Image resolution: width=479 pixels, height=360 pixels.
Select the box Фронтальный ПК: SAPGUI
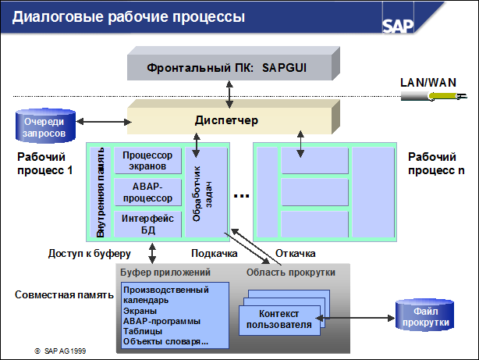tap(227, 68)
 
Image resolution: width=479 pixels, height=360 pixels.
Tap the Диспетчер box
tap(225, 121)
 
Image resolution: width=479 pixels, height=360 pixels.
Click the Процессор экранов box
tap(147, 161)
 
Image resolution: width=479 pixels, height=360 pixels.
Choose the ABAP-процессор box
tap(147, 192)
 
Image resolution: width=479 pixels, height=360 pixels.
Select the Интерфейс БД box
tap(147, 223)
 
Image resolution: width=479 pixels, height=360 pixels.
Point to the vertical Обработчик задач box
tap(204, 192)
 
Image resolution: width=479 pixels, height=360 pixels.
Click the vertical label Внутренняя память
tap(100, 192)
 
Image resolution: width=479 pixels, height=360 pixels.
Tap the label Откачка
tap(295, 254)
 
